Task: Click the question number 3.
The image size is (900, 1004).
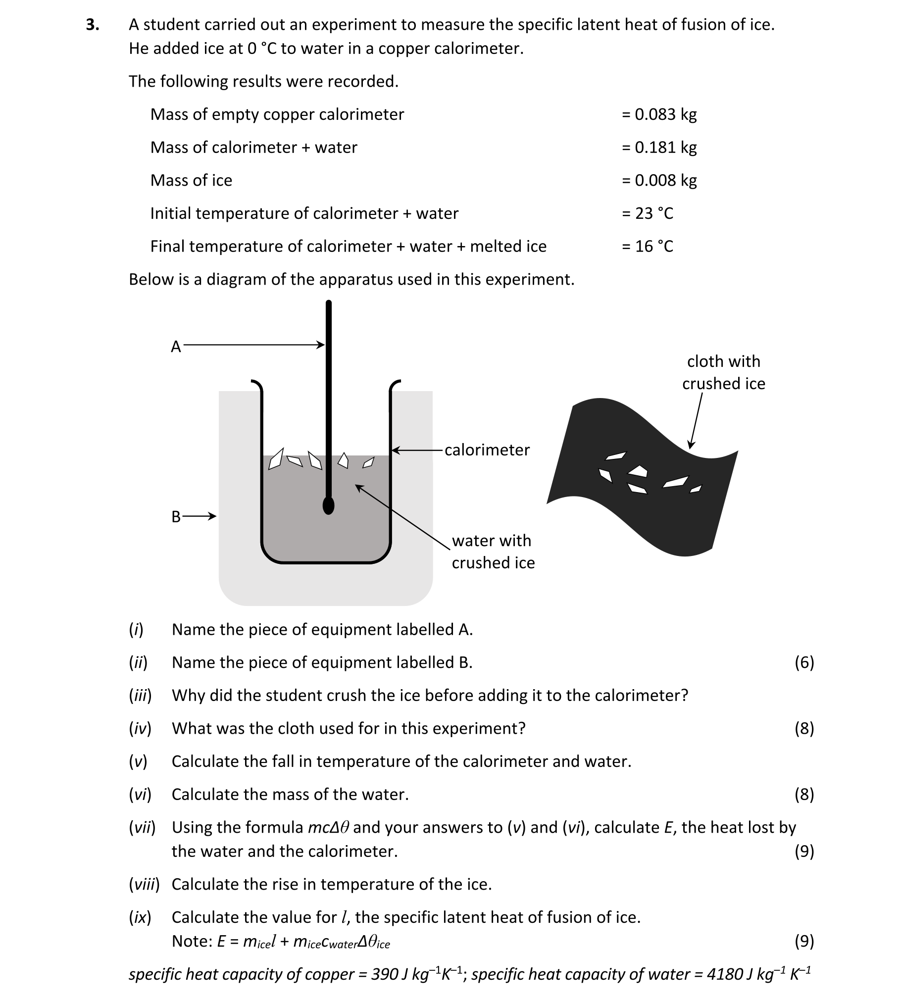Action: click(92, 25)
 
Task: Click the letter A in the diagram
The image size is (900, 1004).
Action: click(176, 347)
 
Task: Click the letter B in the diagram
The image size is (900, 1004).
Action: click(176, 517)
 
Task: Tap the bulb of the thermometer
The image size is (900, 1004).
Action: click(328, 505)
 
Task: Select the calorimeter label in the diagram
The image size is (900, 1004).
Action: click(487, 450)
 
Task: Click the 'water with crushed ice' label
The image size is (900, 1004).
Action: click(493, 552)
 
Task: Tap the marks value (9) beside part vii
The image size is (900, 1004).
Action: click(804, 851)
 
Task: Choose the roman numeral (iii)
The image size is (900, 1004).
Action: click(140, 696)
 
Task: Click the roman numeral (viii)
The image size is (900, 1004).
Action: click(144, 884)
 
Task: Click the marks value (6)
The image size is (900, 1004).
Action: click(804, 662)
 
